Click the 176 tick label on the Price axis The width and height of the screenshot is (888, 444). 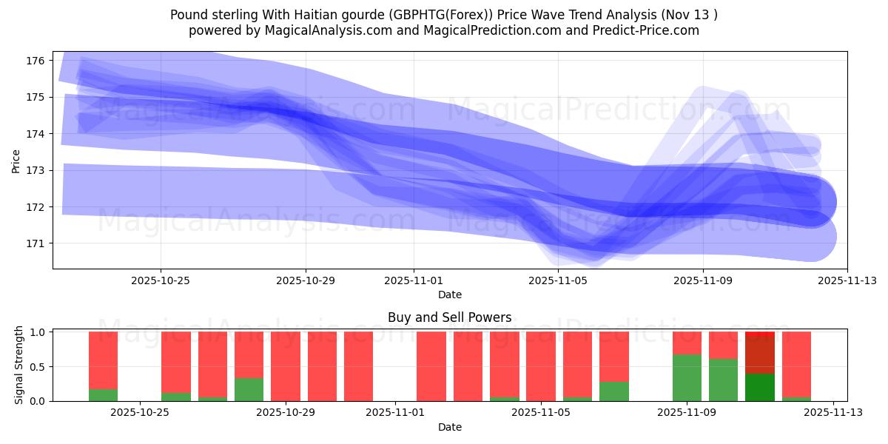38,61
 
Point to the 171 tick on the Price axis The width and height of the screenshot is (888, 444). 38,243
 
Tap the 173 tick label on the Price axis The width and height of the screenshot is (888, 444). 38,170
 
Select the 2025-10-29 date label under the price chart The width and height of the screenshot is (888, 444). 306,281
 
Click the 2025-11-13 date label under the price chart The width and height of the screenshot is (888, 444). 847,281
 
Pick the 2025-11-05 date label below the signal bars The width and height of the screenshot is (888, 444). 541,413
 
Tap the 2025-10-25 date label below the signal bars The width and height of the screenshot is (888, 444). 140,413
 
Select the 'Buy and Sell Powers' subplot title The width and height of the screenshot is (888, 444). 449,317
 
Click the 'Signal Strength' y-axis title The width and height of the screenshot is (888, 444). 19,365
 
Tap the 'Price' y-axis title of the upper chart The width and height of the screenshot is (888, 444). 16,160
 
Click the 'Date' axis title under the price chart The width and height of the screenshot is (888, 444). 449,295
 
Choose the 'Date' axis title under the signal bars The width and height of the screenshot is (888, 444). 449,427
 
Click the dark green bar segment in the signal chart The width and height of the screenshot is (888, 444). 760,387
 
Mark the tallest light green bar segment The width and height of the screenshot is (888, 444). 687,377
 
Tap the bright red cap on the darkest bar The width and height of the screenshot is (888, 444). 760,335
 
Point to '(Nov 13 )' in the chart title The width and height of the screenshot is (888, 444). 689,15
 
